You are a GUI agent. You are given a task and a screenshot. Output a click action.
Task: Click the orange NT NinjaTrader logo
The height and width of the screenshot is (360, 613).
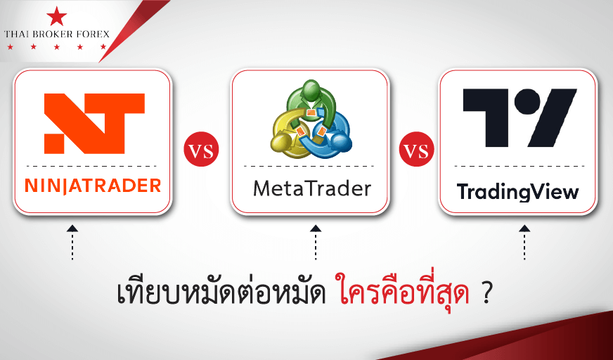click(x=94, y=124)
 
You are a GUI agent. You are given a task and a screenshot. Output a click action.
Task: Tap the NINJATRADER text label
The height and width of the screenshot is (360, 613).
click(x=93, y=186)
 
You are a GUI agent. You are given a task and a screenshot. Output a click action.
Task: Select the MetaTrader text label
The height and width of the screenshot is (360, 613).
click(x=312, y=189)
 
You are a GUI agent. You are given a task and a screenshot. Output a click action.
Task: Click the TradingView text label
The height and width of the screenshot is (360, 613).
click(x=517, y=191)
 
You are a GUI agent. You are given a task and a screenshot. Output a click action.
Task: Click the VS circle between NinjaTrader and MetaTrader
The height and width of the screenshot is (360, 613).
click(x=201, y=150)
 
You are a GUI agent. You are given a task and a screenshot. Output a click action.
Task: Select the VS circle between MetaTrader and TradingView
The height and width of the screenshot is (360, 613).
click(x=416, y=150)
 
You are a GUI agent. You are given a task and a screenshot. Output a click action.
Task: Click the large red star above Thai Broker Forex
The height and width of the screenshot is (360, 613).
click(x=57, y=16)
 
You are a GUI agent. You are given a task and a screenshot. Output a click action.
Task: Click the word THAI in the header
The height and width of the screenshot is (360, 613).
click(x=15, y=34)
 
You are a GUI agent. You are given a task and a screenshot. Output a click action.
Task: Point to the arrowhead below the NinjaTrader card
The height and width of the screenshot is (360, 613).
click(x=72, y=229)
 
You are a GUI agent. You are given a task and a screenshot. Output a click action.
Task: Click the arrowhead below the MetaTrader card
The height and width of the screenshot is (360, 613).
click(x=316, y=229)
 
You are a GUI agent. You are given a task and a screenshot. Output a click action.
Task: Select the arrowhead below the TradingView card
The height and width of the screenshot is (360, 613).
click(x=524, y=229)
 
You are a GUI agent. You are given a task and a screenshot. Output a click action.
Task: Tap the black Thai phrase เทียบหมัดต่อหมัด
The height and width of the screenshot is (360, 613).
click(x=221, y=293)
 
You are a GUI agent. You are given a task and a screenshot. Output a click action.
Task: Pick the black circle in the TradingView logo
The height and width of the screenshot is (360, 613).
click(x=527, y=100)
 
